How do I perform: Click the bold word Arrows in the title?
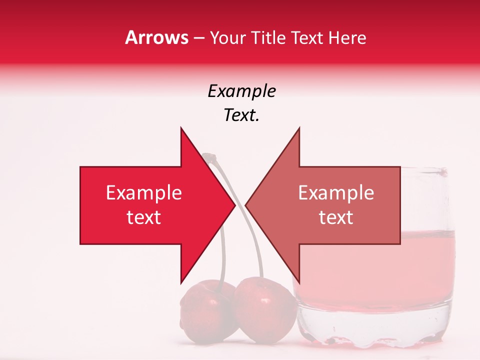(157, 38)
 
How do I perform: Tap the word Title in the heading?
(270, 38)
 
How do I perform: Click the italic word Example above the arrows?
(241, 91)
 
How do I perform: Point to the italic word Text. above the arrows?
(241, 115)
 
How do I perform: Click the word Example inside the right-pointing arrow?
(143, 193)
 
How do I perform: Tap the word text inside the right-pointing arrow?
(143, 217)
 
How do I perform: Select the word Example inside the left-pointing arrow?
(336, 193)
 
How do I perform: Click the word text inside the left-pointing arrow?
(336, 217)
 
